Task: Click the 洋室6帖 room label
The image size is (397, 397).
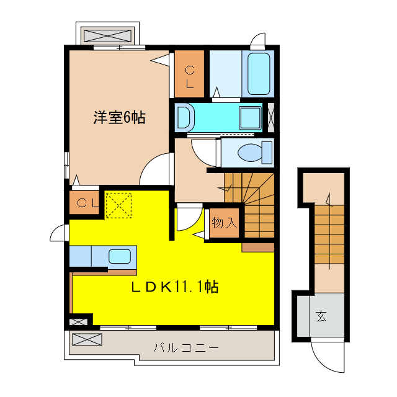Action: click(x=120, y=117)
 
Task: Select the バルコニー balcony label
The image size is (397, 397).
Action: click(x=186, y=348)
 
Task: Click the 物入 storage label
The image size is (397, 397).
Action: click(x=224, y=223)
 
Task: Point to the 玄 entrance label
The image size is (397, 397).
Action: click(x=321, y=316)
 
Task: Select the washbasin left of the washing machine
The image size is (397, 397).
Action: click(x=184, y=117)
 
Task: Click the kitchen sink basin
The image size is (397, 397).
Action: click(x=119, y=256)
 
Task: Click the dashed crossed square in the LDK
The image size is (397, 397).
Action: click(x=118, y=205)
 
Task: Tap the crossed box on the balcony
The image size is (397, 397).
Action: click(x=86, y=340)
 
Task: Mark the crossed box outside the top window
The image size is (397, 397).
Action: click(x=107, y=33)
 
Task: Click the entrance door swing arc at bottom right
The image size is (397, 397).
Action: click(x=328, y=357)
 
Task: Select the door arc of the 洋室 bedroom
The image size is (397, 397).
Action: click(x=154, y=170)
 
